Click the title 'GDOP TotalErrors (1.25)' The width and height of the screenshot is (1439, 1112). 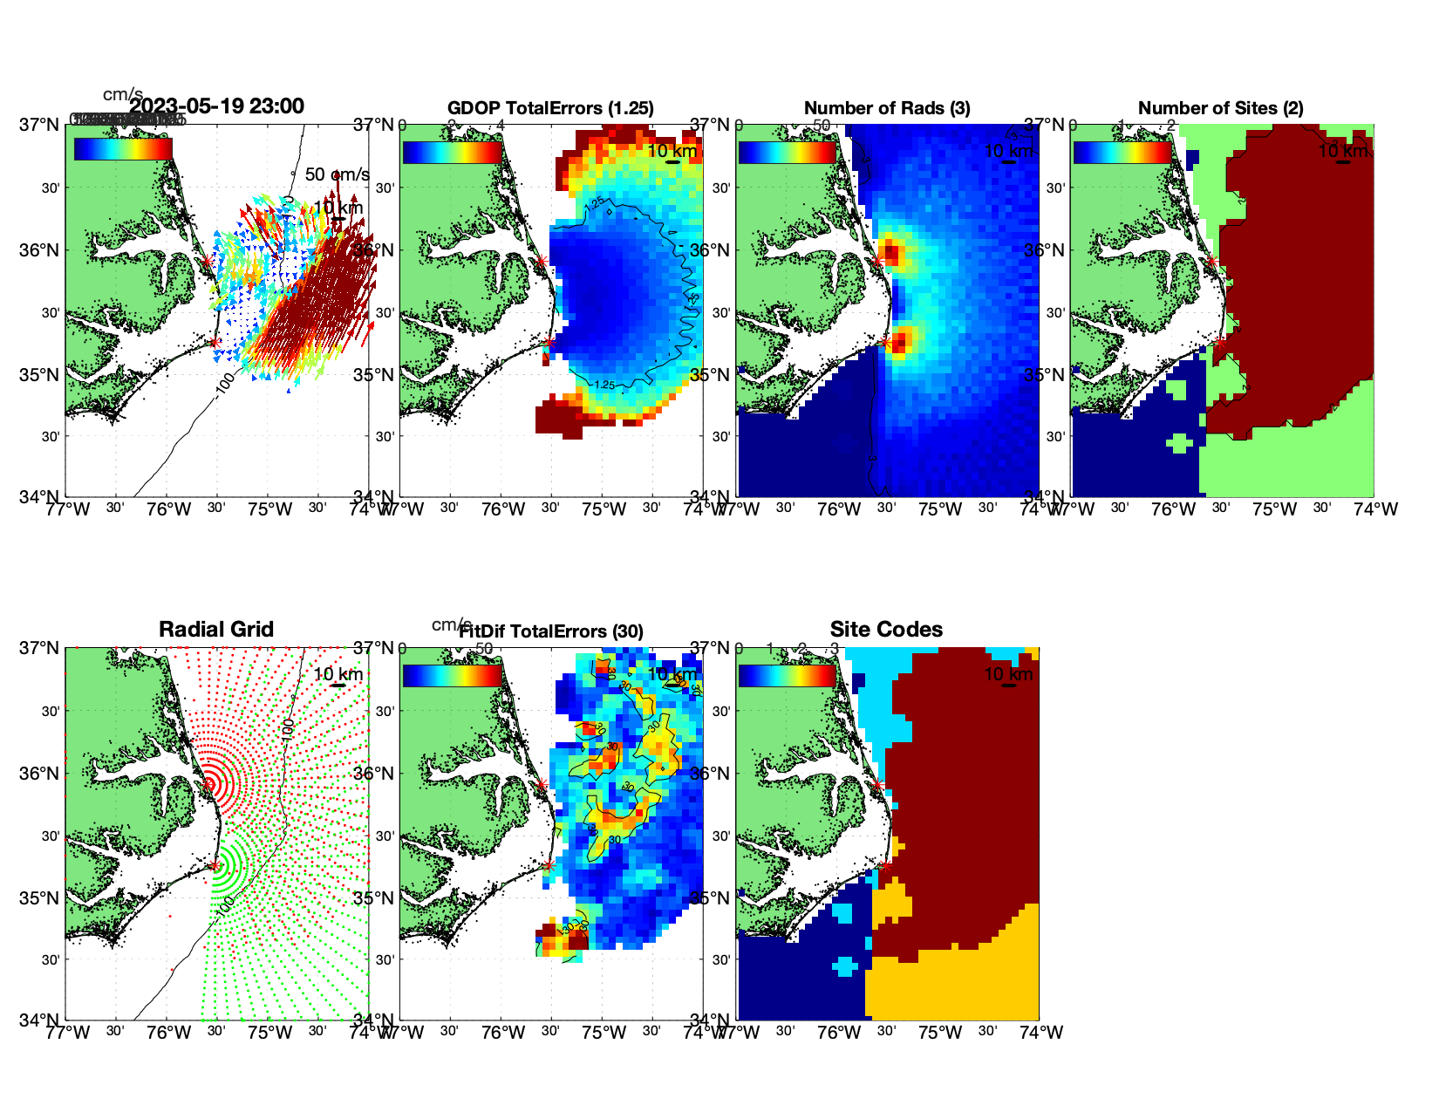coord(550,108)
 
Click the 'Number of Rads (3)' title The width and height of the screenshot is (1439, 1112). coord(887,108)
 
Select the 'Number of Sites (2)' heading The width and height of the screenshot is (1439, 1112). coord(1220,108)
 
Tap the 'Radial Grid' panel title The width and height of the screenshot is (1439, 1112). coord(216,630)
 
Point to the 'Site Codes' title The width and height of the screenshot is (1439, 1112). coord(886,630)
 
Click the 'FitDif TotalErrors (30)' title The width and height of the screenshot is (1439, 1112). coord(551,631)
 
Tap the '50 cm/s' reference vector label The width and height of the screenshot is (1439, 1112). coord(337,174)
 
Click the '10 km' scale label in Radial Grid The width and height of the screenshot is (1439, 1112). coord(338,674)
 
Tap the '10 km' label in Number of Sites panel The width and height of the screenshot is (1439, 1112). coord(1343,151)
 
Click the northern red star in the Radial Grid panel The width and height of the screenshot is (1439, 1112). coord(208,784)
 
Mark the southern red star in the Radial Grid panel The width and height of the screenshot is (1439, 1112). coord(215,865)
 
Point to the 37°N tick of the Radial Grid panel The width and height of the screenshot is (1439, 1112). coord(39,648)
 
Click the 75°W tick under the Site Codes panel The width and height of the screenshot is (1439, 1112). coord(940,1033)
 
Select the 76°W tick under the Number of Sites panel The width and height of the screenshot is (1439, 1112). coord(1174,509)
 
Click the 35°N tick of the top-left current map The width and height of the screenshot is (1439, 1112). coord(39,375)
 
